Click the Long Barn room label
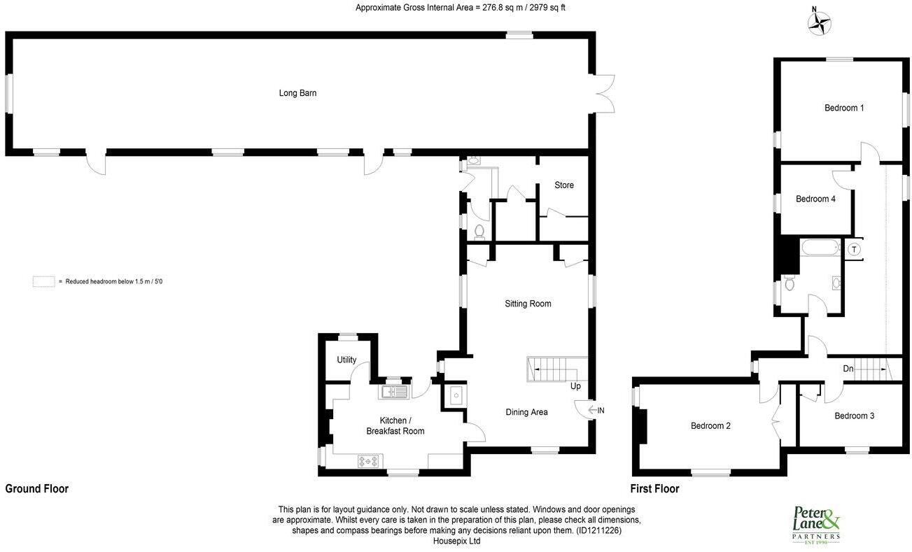tap(297, 93)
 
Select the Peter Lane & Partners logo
tap(815, 523)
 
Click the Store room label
tap(564, 185)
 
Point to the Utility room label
tap(346, 360)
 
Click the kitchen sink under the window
tap(393, 392)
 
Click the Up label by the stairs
tap(576, 386)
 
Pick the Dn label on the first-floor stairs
tap(848, 368)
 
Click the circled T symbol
tap(854, 249)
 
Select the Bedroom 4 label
tap(815, 199)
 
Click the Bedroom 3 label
tap(854, 416)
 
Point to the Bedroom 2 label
tap(710, 425)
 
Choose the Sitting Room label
tap(528, 304)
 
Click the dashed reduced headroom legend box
tap(43, 281)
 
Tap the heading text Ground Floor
tap(37, 489)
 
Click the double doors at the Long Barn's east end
tap(603, 93)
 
